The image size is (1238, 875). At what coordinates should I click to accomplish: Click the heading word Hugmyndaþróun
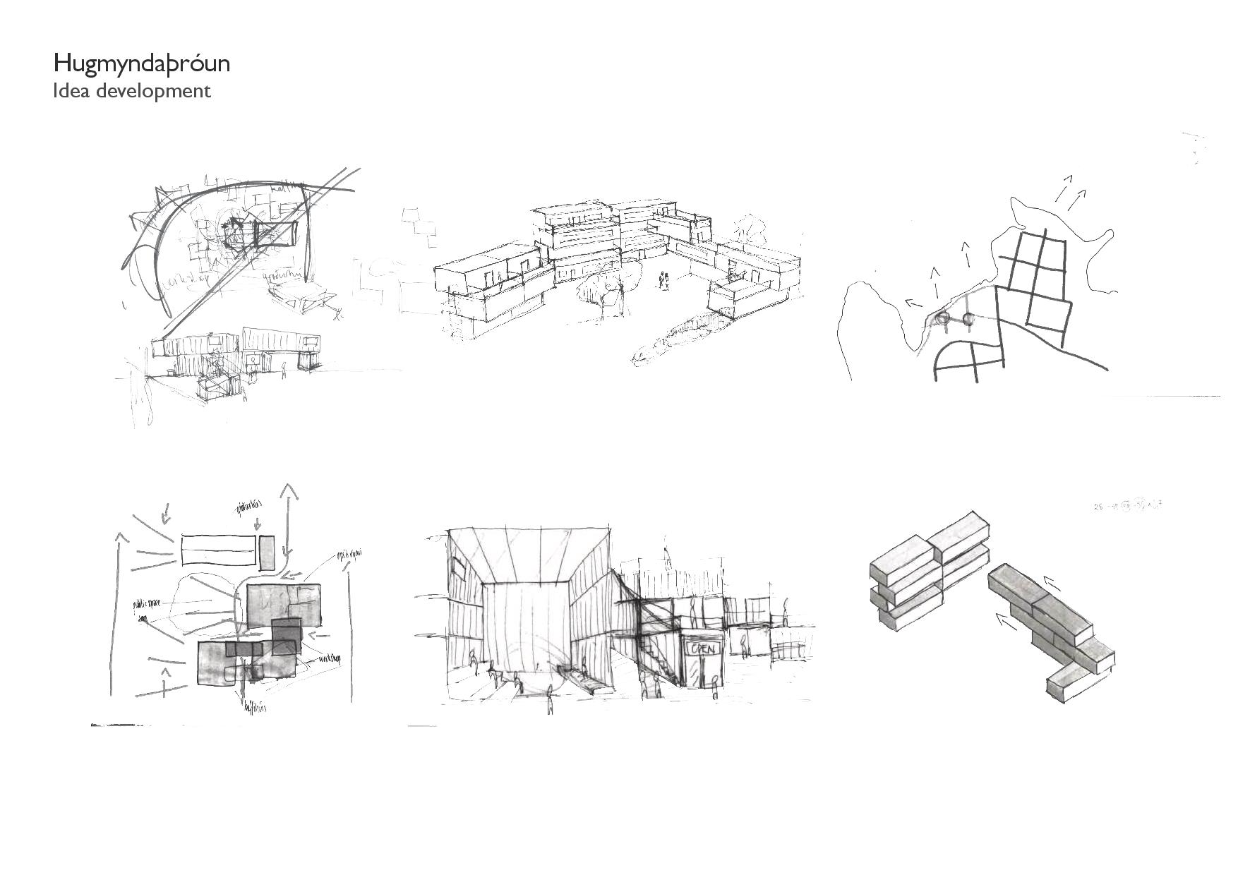[141, 64]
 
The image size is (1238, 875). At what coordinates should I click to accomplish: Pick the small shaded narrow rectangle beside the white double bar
[266, 553]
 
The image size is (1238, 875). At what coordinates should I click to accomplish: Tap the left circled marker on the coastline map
[943, 319]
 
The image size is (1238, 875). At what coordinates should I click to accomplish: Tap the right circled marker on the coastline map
[968, 319]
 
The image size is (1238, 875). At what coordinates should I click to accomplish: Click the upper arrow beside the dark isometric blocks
[1052, 583]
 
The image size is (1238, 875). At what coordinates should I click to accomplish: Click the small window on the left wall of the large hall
[459, 566]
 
